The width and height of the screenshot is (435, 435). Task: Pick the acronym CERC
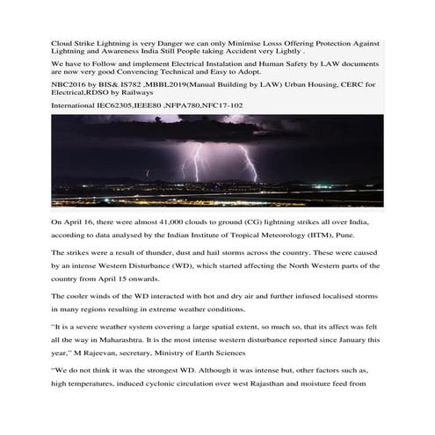pos(352,84)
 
